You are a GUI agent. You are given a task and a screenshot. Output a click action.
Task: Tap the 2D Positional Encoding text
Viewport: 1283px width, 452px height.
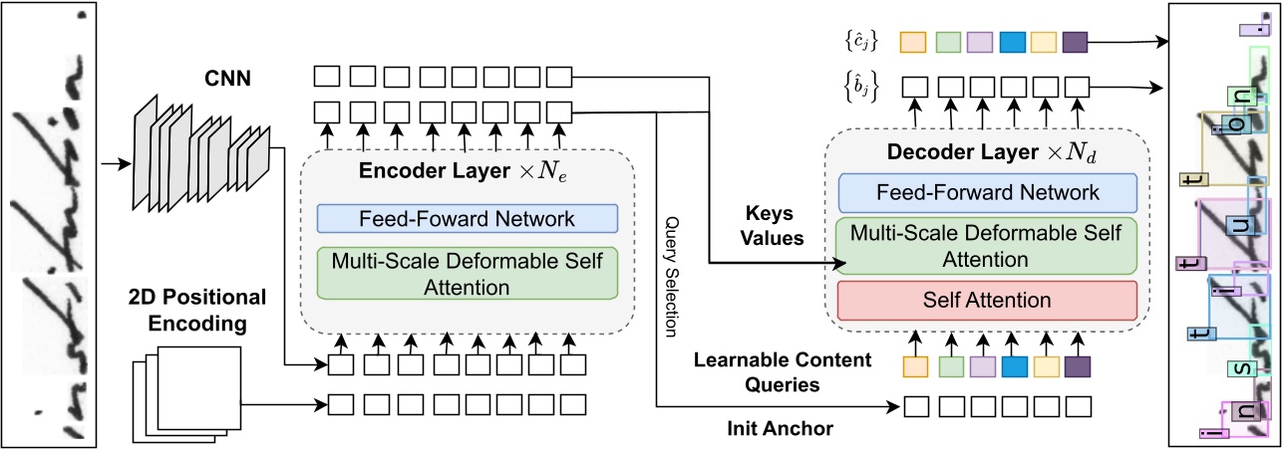[x=197, y=309]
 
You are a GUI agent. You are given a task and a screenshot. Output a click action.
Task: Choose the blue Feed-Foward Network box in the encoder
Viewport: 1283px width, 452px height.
[x=468, y=218]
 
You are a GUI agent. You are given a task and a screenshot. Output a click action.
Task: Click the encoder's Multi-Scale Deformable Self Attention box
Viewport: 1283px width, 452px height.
[x=468, y=273]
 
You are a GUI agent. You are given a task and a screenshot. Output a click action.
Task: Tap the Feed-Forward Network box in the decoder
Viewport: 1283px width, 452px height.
[x=987, y=192]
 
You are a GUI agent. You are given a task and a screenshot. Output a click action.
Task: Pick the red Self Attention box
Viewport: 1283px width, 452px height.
[x=987, y=300]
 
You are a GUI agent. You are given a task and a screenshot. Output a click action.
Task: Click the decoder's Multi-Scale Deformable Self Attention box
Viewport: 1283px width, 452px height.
[x=987, y=246]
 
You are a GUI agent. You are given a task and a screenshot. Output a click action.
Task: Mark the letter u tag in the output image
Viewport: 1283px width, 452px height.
[x=1239, y=228]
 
